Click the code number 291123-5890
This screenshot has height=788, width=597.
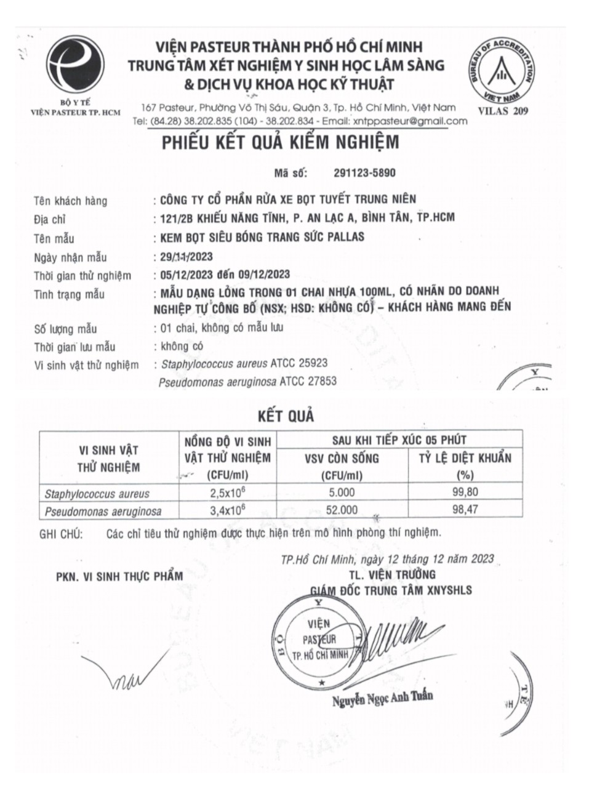[364, 174]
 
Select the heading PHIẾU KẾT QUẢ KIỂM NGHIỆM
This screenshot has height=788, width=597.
[281, 143]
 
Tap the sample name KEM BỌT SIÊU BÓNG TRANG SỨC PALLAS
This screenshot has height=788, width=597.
[262, 237]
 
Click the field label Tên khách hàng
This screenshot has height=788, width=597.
[71, 201]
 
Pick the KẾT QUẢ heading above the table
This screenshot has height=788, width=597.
[286, 416]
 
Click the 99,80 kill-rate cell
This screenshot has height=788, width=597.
[465, 492]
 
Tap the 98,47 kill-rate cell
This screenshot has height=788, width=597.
[465, 510]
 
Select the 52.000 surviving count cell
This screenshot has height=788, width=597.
[342, 510]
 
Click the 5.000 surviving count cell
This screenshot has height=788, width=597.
[342, 492]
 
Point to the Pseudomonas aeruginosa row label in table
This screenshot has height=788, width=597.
[103, 511]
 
